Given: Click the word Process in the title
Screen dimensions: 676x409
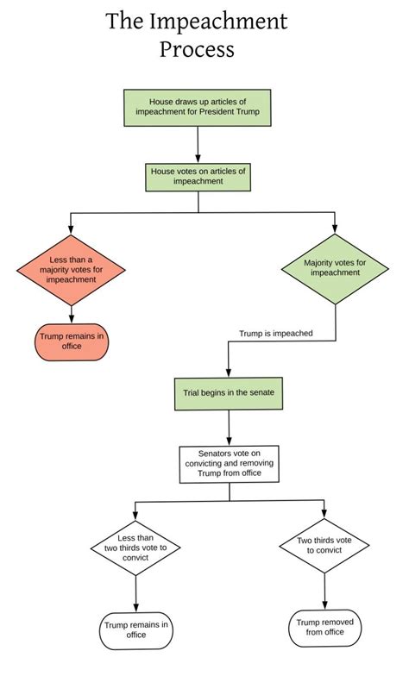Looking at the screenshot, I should (x=196, y=49).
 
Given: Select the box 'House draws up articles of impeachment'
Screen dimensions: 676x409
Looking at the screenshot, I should (x=198, y=107).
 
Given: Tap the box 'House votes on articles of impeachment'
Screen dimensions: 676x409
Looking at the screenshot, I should (x=198, y=177).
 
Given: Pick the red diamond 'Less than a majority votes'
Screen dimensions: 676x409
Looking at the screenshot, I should (x=71, y=268).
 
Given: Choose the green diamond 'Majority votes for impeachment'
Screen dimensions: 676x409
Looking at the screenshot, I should (x=335, y=267).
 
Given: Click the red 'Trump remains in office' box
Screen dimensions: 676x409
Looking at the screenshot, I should (x=72, y=342).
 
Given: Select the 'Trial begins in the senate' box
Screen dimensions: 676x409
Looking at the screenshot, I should (x=229, y=391).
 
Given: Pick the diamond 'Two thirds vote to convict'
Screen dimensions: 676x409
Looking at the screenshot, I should (x=324, y=547).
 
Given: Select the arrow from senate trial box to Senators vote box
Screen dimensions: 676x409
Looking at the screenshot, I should (x=229, y=427).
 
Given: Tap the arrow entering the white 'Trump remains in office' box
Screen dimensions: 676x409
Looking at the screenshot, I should (x=135, y=595).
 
